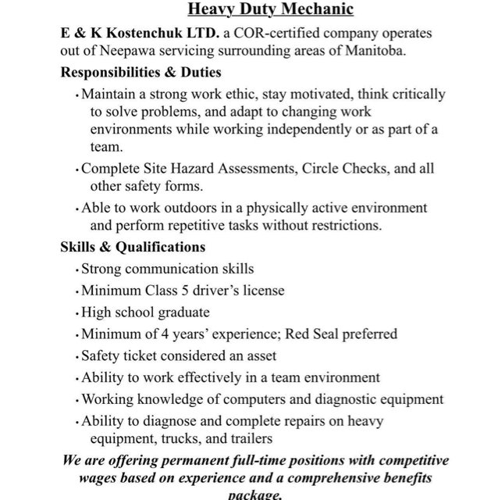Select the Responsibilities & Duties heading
pyautogui.click(x=141, y=72)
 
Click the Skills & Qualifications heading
pyautogui.click(x=133, y=247)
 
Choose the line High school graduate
pyautogui.click(x=145, y=312)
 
